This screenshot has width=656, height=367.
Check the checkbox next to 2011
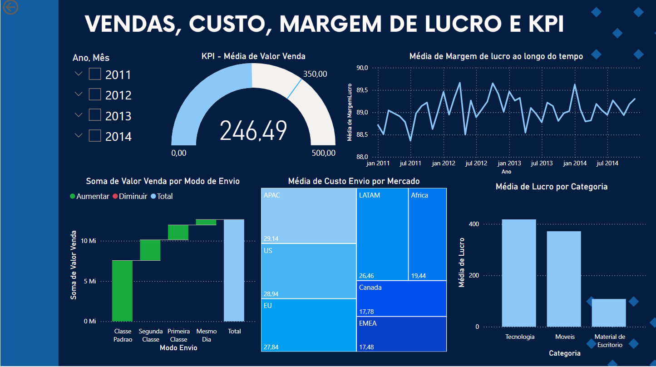[x=95, y=74]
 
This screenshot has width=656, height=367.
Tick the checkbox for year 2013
[x=95, y=115]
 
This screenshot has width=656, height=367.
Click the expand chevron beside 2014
[x=79, y=135]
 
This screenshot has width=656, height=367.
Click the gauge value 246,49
[x=253, y=131]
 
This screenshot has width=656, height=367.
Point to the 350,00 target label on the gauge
[x=315, y=74]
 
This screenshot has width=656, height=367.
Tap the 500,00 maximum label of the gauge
[x=324, y=153]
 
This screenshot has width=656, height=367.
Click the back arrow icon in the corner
[x=10, y=7]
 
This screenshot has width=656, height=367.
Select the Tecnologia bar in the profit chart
[x=519, y=273]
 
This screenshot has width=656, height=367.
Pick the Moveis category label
[x=565, y=337]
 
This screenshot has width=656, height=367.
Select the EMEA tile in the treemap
[x=401, y=334]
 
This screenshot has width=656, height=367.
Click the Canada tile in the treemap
[x=401, y=298]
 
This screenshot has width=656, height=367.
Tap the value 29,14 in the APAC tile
[x=271, y=238]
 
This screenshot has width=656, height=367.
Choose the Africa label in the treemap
[x=419, y=195]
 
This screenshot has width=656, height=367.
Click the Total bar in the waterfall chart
[x=234, y=270]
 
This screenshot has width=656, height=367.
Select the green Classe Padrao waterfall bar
[x=122, y=291]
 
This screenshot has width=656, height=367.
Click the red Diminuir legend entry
[x=132, y=196]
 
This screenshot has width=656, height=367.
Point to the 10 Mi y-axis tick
[x=89, y=241]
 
